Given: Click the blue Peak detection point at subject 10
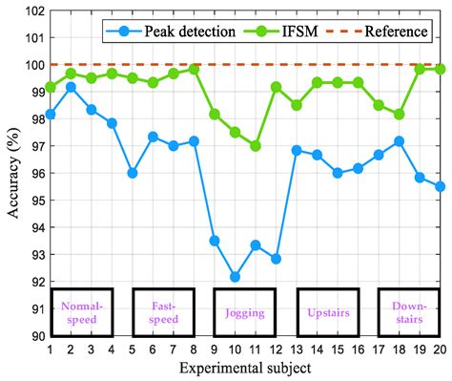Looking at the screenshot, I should click(x=235, y=277).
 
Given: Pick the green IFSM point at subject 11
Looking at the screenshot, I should click(x=255, y=146).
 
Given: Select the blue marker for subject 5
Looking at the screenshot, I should click(x=133, y=173).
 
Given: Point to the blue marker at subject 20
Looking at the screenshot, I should click(x=440, y=186).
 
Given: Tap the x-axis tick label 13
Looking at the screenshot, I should click(x=296, y=349).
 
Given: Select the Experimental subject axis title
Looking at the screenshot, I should click(x=244, y=369).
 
